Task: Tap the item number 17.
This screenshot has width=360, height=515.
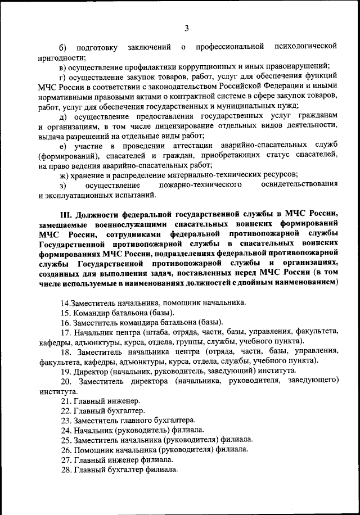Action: tap(65, 332)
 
